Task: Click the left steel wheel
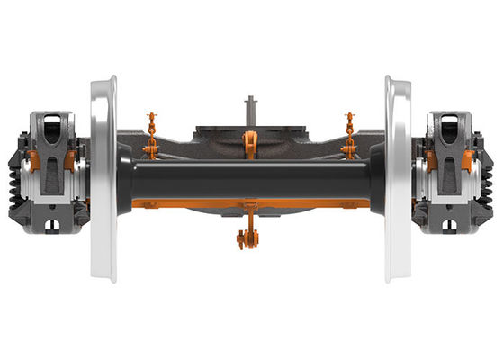tap(103, 180)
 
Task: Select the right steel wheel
tap(399, 180)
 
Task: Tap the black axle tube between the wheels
tap(252, 180)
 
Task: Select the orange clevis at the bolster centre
tap(250, 144)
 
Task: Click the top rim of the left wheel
tap(103, 83)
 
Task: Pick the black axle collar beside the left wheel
tap(126, 179)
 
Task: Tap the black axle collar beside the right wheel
tap(376, 179)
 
